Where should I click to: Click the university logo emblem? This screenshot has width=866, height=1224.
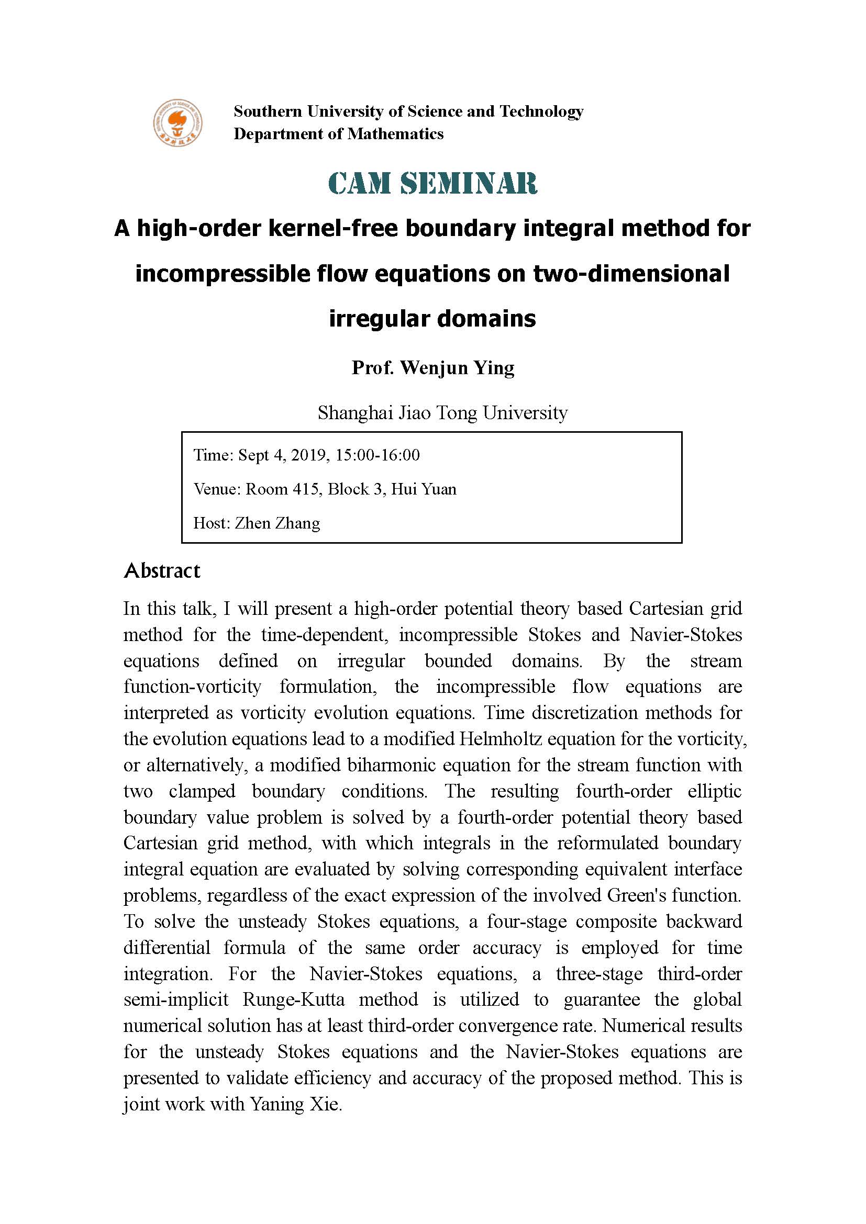pos(177,122)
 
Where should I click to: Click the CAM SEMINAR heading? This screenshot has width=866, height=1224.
pos(432,183)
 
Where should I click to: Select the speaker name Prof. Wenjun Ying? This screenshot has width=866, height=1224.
pos(432,368)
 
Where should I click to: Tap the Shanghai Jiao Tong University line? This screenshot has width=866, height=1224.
pos(442,412)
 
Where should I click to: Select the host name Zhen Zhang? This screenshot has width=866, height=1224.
pos(277,523)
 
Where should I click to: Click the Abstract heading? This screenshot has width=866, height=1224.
pos(162,571)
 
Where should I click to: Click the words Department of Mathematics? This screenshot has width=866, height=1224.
pos(339,133)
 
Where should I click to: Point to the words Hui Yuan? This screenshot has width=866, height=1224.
pos(424,489)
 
